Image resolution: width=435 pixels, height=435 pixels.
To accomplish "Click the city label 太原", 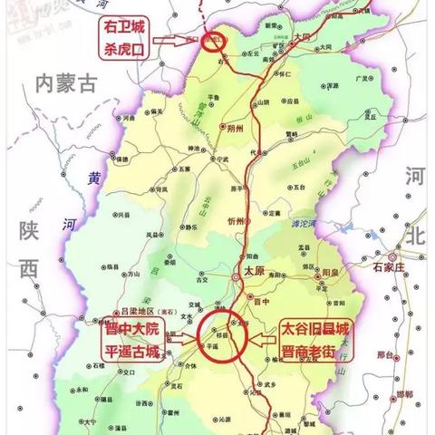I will (x=255, y=270).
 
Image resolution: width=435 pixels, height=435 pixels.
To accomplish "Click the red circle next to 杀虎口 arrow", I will (x=216, y=42).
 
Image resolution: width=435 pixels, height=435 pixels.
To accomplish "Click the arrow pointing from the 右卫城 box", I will (x=178, y=42).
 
